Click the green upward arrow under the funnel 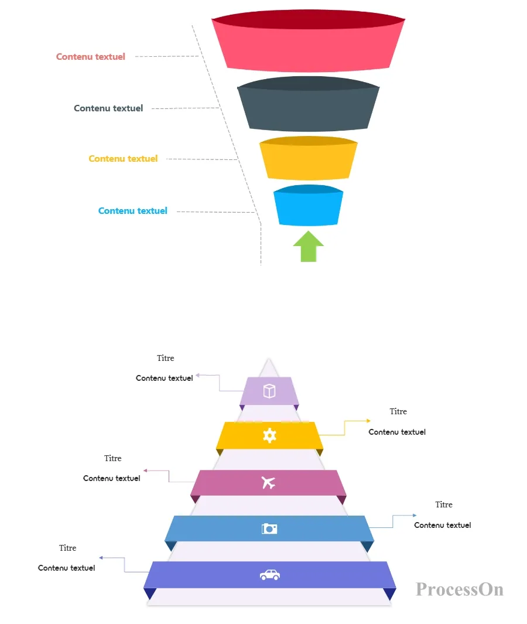[308, 247]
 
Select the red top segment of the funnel [308, 41]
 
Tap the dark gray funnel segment [308, 104]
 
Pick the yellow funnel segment [308, 158]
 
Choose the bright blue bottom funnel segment [308, 205]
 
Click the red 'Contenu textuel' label [91, 56]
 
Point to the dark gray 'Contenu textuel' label [108, 108]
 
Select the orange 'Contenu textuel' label [124, 159]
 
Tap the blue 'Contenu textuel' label [133, 211]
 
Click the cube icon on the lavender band [269, 391]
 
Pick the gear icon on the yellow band [269, 435]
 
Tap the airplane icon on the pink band [268, 483]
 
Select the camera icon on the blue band [269, 528]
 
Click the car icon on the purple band [270, 575]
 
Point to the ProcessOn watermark [460, 589]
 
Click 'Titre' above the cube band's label [166, 358]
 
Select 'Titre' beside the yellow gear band [398, 411]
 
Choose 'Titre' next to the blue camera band [444, 504]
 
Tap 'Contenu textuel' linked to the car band [66, 568]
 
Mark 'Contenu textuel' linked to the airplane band [112, 478]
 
